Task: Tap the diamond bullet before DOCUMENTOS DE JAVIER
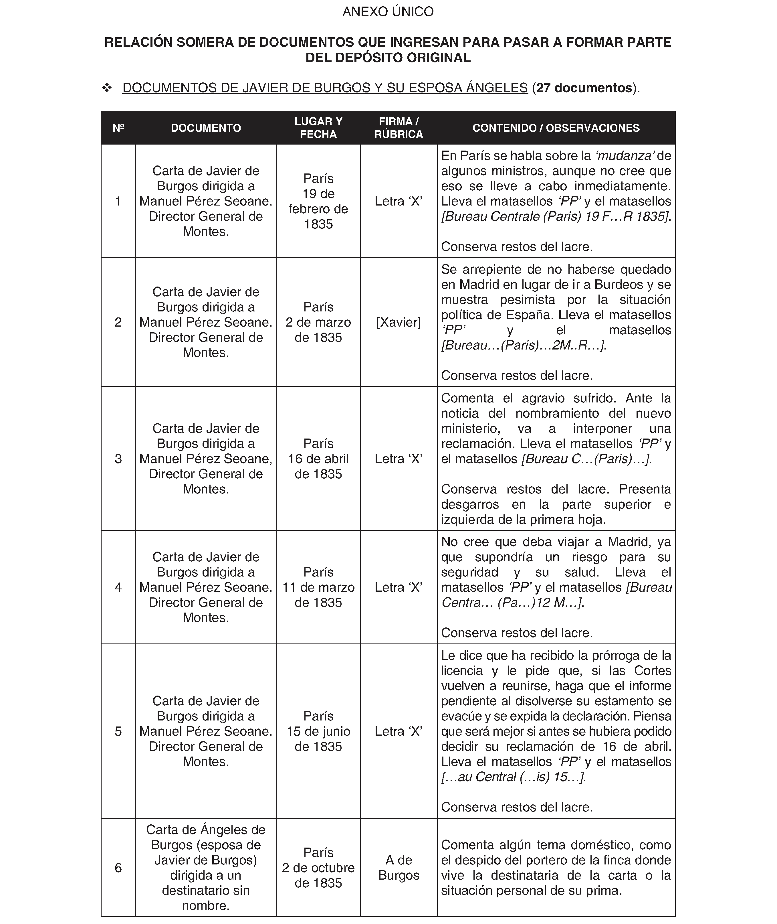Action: pos(107,88)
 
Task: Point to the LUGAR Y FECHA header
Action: pos(318,128)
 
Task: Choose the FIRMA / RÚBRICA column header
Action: pos(399,128)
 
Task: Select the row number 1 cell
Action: pos(118,201)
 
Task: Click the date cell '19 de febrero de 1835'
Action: pos(318,201)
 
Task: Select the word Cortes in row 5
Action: pos(652,671)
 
